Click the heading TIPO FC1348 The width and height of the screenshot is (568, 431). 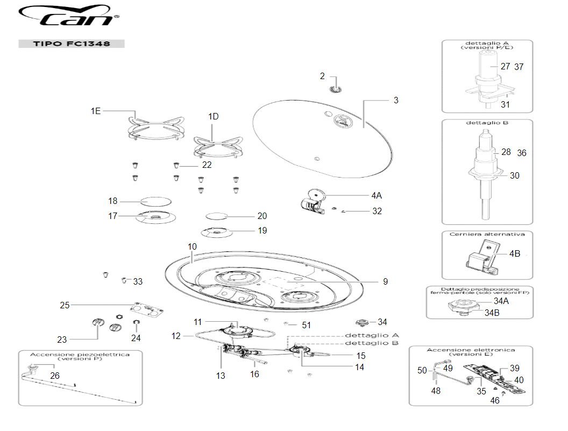72,44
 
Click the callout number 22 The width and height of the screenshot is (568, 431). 207,165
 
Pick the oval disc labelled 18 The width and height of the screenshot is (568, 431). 155,201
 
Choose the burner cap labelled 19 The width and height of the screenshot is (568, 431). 215,232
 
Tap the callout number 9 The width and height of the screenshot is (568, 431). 385,281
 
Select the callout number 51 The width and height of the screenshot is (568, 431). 307,325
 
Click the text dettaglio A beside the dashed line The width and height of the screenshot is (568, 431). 371,335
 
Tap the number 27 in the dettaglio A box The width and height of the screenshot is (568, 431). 505,67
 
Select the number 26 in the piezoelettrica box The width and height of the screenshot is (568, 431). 55,376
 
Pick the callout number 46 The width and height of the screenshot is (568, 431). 495,400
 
